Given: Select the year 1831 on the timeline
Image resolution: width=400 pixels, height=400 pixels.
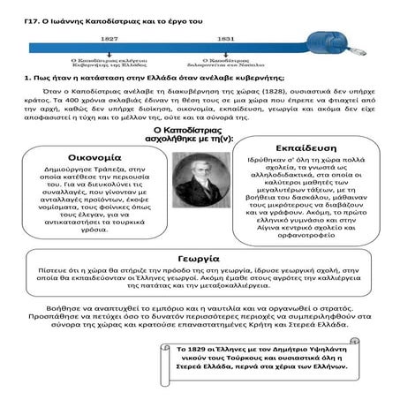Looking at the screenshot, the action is (x=201, y=40).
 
